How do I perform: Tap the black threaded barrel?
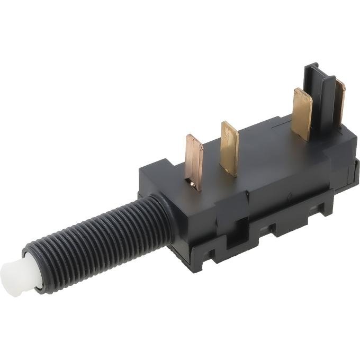[x=95, y=238]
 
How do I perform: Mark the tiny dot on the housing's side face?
[x=288, y=196]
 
